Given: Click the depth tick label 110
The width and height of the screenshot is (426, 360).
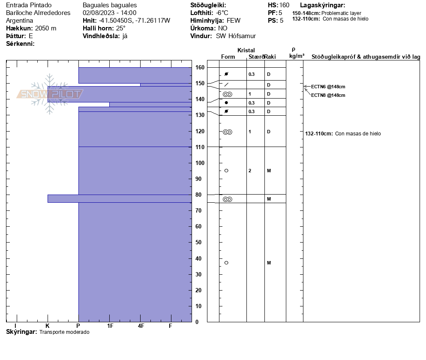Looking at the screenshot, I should (x=200, y=147).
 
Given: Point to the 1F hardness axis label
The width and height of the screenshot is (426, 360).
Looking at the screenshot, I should (x=110, y=326).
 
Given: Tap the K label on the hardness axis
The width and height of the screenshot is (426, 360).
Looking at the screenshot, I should (x=48, y=326).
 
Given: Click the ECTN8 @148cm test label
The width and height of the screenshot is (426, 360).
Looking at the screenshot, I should (x=328, y=95).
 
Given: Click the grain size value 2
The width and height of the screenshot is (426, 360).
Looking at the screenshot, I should (x=250, y=171).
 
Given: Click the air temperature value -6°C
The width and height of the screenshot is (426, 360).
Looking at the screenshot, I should (x=222, y=13).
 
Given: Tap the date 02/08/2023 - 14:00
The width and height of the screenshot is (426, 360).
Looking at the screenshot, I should (x=109, y=13).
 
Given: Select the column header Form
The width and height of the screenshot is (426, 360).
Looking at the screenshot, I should (x=228, y=57).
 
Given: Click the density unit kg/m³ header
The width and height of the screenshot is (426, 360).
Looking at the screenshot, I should (x=297, y=56).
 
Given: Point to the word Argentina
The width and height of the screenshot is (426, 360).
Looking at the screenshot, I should (x=20, y=21).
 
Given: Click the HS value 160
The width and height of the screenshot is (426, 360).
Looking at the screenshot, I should (x=284, y=5).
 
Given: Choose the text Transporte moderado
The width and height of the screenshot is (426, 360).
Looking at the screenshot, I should (x=64, y=332).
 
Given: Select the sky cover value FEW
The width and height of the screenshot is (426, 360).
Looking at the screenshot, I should (x=234, y=21).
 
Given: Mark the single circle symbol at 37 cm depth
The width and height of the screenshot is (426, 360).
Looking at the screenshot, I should (x=226, y=263).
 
